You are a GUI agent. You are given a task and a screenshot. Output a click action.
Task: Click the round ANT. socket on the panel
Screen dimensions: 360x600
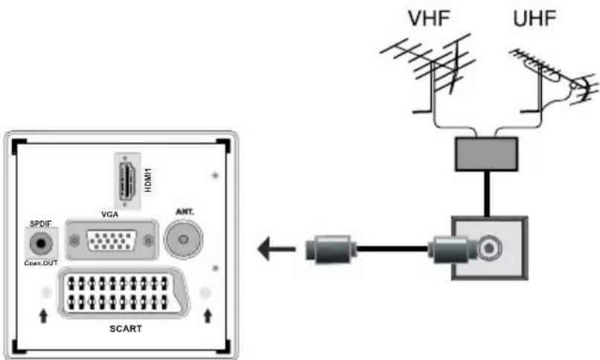[184, 240]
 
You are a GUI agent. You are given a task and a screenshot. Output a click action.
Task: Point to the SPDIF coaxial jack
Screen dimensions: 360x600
[39, 242]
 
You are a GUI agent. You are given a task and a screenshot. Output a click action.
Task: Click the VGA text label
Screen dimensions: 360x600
[110, 213]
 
